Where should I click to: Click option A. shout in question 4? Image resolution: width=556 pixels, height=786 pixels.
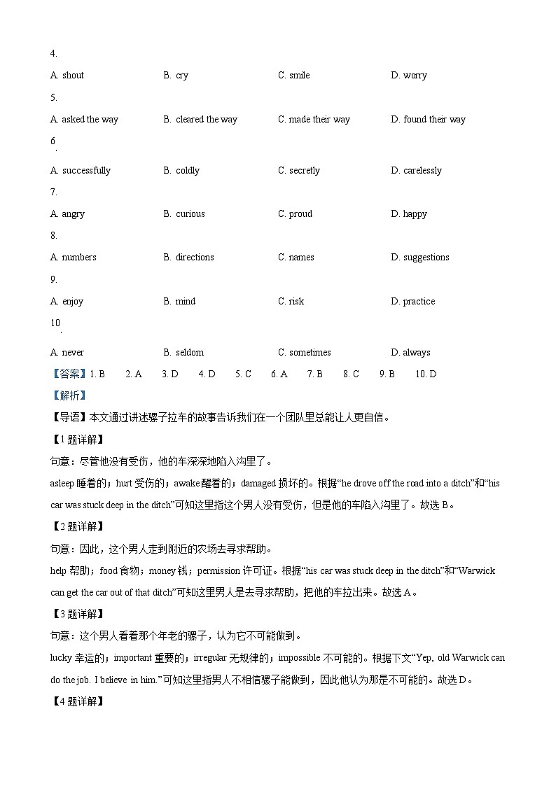pyautogui.click(x=67, y=76)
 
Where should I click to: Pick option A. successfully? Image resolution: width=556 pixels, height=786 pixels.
pyautogui.click(x=81, y=171)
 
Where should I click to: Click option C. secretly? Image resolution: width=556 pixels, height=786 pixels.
pyautogui.click(x=299, y=171)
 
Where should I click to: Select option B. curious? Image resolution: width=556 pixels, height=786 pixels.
pyautogui.click(x=184, y=214)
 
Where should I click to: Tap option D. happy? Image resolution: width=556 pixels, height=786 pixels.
pyautogui.click(x=408, y=214)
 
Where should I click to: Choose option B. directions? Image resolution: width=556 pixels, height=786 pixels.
pyautogui.click(x=188, y=258)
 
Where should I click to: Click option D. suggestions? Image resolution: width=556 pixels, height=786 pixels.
pyautogui.click(x=419, y=258)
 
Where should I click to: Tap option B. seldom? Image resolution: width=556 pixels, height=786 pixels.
pyautogui.click(x=183, y=353)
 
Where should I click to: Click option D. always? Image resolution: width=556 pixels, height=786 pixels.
pyautogui.click(x=410, y=353)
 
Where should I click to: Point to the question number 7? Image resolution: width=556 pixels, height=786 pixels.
pyautogui.click(x=53, y=192)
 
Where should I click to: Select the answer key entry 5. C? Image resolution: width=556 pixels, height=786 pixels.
pyautogui.click(x=243, y=374)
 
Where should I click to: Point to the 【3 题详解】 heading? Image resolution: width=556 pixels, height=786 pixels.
pyautogui.click(x=78, y=614)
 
